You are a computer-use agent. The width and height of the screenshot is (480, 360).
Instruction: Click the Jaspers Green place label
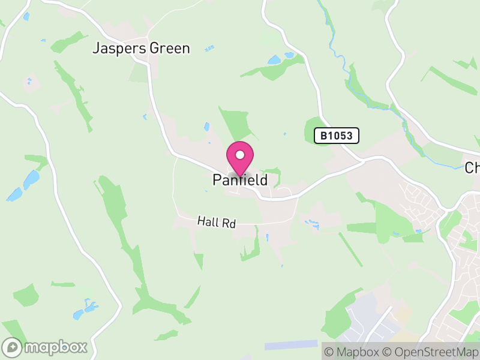[141, 49]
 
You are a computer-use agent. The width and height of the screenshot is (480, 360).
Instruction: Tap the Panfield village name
[240, 179]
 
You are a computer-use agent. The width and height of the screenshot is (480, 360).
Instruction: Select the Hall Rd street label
[217, 223]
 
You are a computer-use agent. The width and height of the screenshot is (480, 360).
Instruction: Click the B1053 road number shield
[337, 136]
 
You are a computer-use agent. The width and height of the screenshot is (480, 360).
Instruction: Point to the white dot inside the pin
[240, 155]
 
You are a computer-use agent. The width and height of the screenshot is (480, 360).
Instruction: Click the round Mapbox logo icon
[13, 347]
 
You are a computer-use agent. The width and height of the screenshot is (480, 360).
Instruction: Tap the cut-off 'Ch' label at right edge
[472, 167]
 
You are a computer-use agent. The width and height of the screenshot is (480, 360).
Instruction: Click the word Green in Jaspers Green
[169, 49]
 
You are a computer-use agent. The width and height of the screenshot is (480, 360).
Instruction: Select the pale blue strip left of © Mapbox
[291, 344]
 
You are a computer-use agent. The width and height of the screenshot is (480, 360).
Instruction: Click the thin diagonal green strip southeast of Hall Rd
[350, 249]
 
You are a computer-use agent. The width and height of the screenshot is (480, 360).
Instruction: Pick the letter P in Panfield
[217, 179]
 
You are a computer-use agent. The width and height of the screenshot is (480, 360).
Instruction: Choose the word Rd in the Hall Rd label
[229, 223]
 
